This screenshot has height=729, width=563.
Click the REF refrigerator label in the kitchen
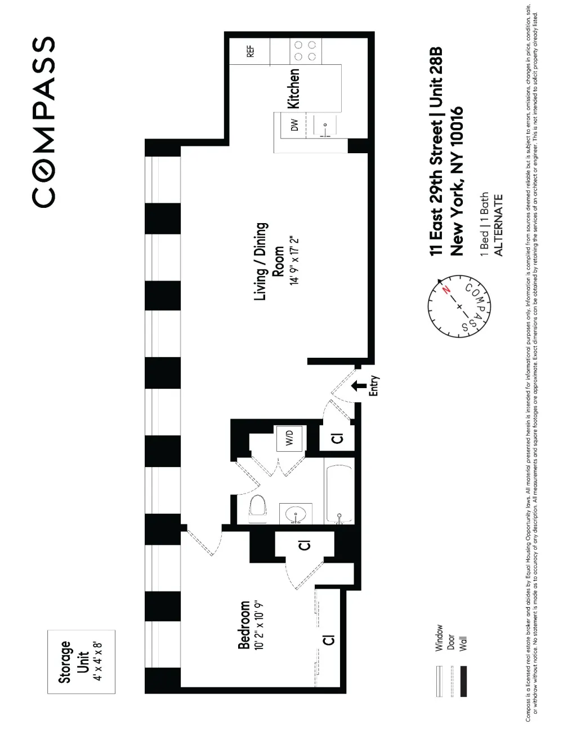251,52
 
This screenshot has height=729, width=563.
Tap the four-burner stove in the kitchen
305,51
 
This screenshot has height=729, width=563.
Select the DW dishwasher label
294,125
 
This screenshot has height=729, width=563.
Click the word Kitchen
293,88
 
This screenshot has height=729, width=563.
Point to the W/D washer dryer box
289,438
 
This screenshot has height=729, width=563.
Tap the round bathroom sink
295,513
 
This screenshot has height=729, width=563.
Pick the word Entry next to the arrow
373,385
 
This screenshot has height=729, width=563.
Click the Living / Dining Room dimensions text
294,261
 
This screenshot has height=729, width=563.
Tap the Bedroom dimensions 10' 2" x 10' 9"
260,626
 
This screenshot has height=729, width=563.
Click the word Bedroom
244,625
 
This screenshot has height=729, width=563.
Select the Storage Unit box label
81,662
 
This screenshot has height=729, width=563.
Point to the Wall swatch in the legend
463,681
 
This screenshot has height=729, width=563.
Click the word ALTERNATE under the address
498,225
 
